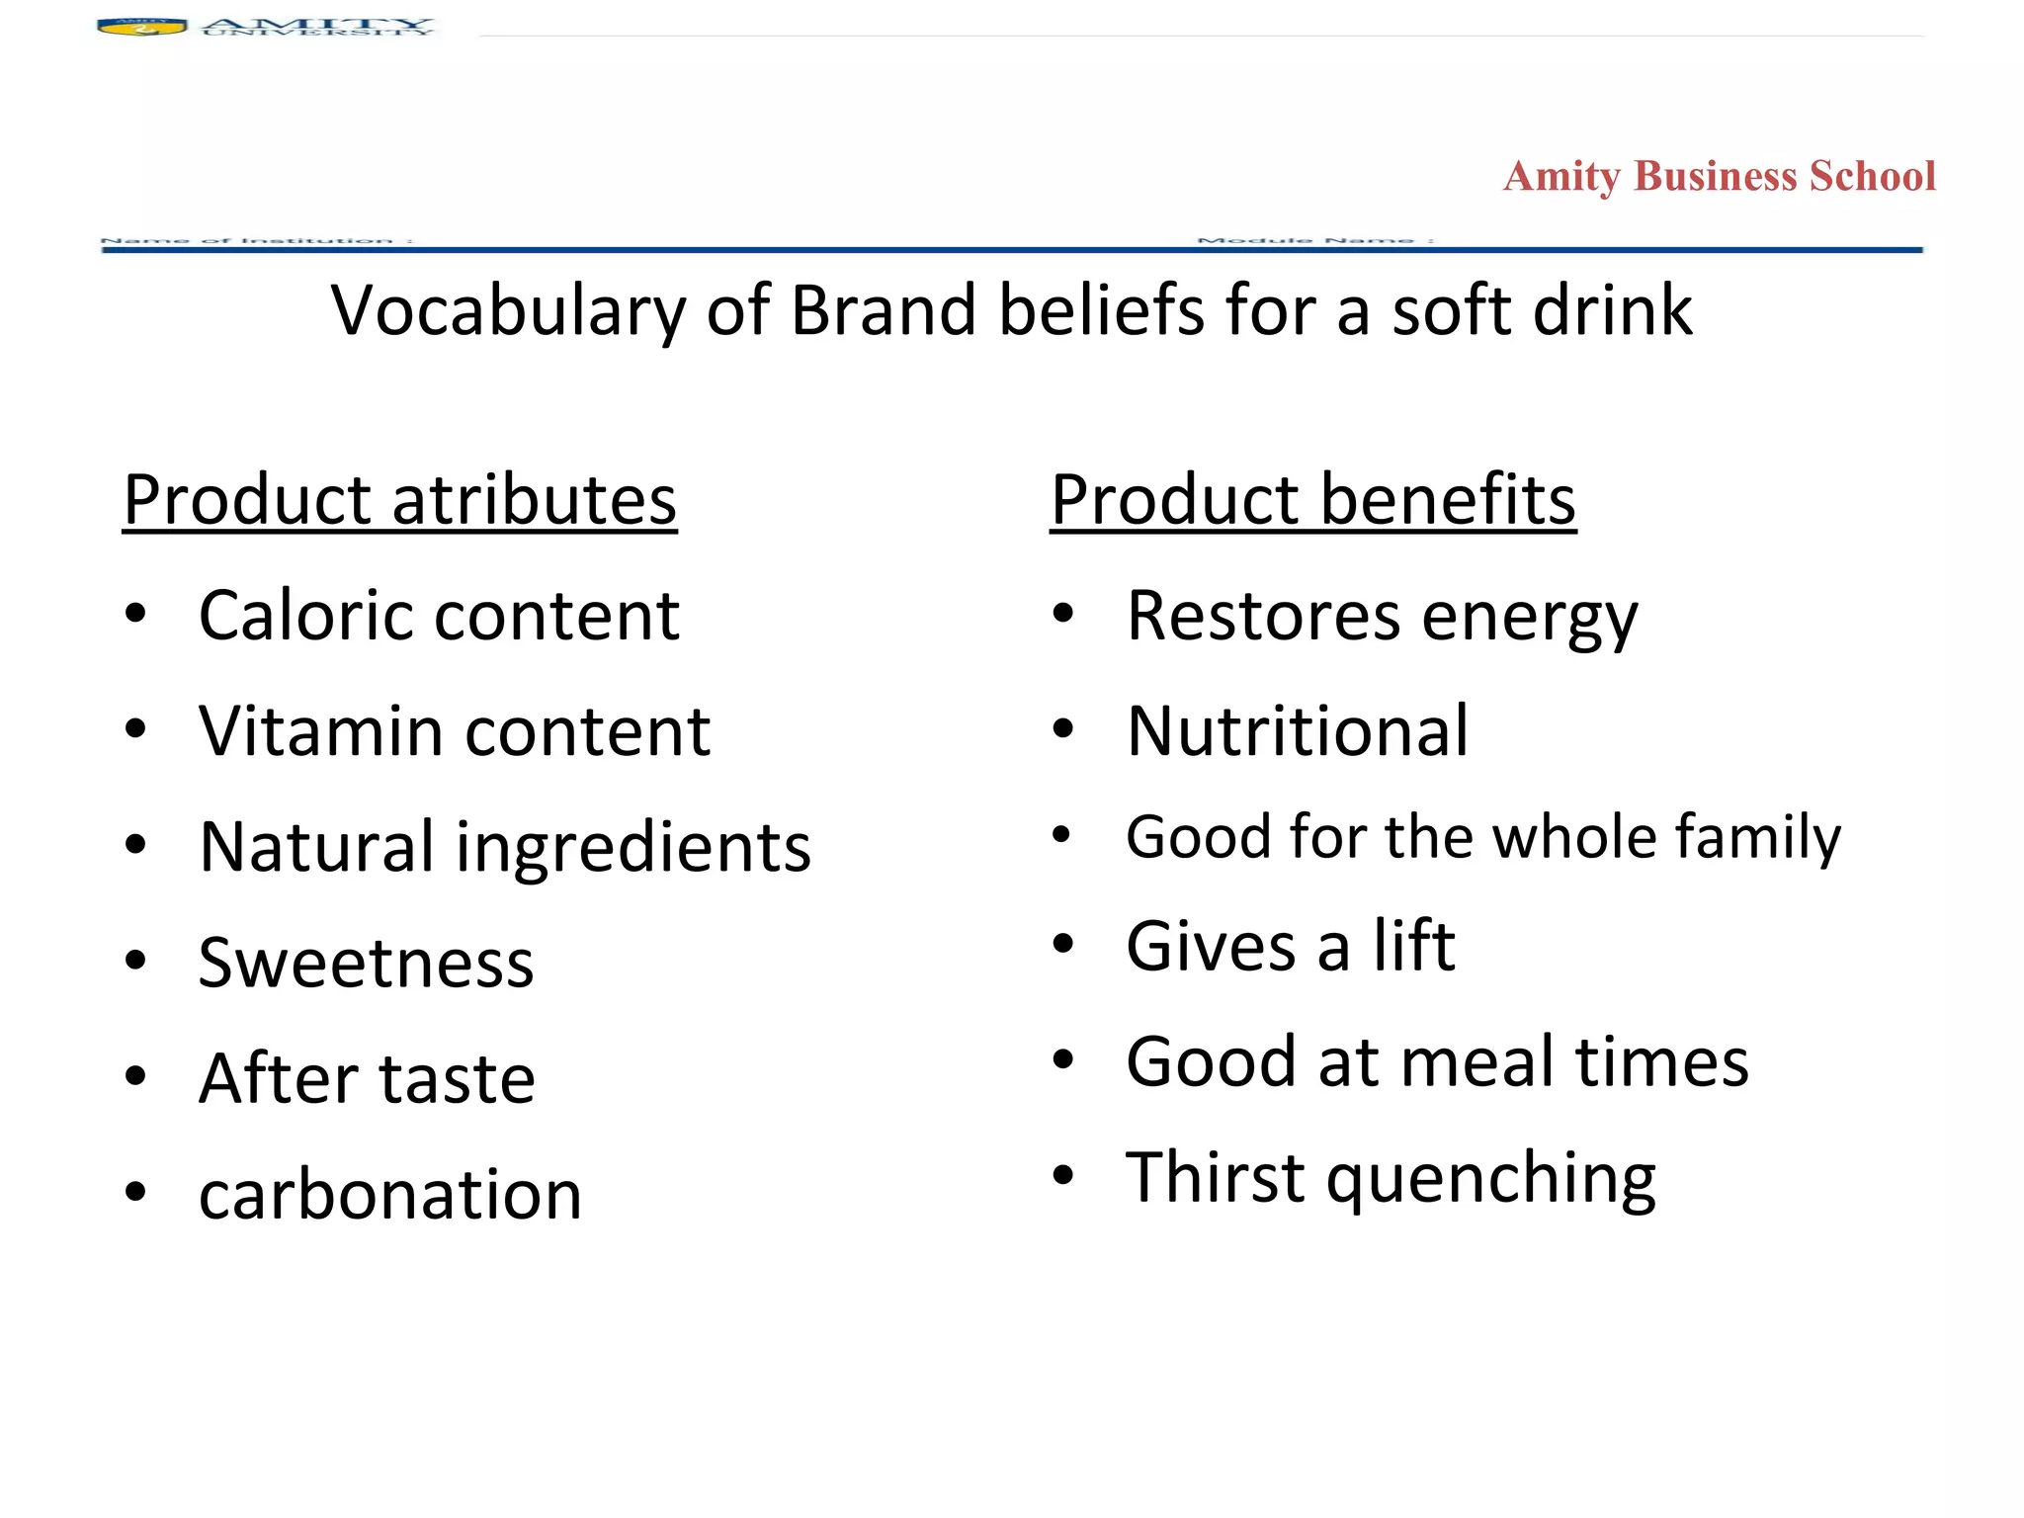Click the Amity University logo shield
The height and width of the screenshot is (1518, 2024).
[x=141, y=27]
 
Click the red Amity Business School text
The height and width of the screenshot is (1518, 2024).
[x=1719, y=177]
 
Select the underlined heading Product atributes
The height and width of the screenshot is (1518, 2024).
[x=399, y=500]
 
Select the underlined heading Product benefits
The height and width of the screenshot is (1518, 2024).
[x=1312, y=500]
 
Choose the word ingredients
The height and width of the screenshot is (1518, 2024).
[x=632, y=849]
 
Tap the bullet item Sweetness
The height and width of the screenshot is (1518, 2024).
[x=366, y=963]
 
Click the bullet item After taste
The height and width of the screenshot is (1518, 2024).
[x=367, y=1078]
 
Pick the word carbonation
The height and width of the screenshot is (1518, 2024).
[x=390, y=1195]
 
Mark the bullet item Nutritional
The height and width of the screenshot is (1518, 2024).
[x=1298, y=731]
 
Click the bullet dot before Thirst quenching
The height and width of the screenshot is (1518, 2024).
[x=1063, y=1176]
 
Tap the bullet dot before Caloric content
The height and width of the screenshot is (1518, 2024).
[x=135, y=614]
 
